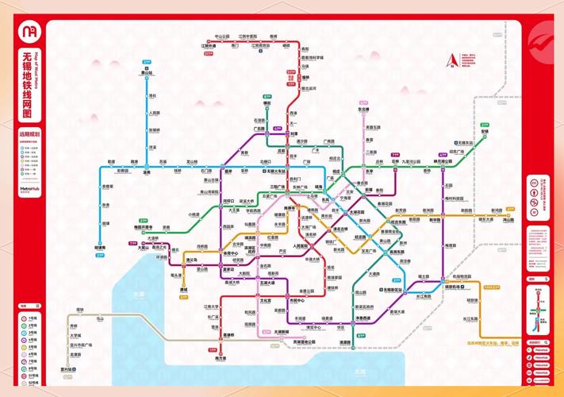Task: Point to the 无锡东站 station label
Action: click(x=465, y=143)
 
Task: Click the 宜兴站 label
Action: click(x=69, y=369)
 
